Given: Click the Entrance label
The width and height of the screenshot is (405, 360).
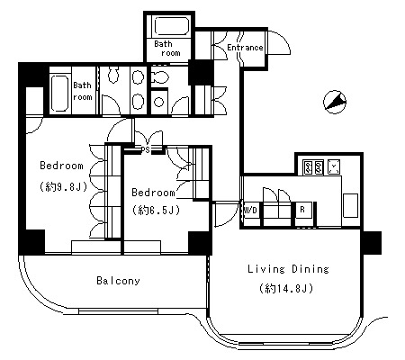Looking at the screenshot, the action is coord(245,48).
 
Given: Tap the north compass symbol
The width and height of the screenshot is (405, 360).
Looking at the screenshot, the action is coord(335,102).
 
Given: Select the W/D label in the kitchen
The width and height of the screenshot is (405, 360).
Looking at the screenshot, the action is coord(250,210).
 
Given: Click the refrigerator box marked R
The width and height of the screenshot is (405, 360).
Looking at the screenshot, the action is coord(303,214).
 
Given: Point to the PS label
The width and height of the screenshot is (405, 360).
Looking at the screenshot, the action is coord(146,149).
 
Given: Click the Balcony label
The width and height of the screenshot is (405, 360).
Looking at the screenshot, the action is coord(118,281).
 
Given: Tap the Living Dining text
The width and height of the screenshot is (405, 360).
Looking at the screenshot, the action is coord(288,269).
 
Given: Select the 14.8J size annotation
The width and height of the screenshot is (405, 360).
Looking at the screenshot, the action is coord(286,288).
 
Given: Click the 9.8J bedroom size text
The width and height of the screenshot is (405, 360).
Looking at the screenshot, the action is coord(63,187).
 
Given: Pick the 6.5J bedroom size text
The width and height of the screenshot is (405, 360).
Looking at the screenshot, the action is coord(156,210).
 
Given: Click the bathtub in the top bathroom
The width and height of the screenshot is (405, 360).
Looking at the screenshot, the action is coord(172,26).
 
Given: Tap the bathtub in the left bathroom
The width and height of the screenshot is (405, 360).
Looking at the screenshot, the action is coord(60,93).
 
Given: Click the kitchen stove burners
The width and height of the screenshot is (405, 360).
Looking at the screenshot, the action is coord(313,167).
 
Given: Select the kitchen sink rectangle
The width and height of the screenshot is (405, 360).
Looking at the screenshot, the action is coord(350,205).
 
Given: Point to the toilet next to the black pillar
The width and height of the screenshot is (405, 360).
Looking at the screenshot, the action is coord(159,77).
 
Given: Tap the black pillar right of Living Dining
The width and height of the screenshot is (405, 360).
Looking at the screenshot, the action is coord(373,243).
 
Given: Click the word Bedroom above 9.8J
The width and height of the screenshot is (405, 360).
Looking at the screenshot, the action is coord(61,166).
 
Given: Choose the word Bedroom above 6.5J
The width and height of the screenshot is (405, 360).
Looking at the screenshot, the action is coord(153,192).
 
